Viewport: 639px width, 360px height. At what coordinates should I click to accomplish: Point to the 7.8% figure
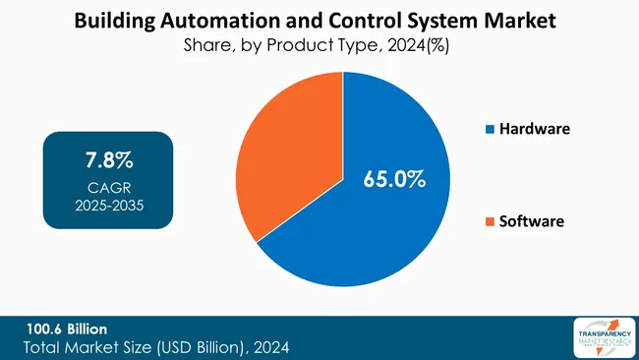click(x=107, y=160)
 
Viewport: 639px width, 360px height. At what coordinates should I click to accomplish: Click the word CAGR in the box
click(x=107, y=187)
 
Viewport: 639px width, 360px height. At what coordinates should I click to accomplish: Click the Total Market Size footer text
click(x=156, y=347)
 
